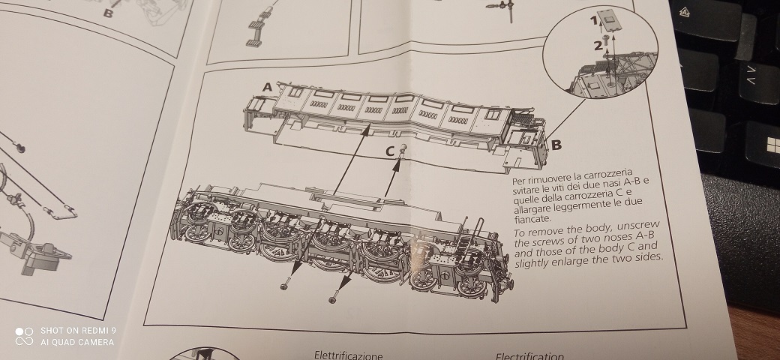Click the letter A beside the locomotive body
268,88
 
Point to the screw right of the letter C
403,148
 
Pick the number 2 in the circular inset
597,45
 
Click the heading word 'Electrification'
529,356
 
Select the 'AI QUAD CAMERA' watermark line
77,342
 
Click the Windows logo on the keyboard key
765,142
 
